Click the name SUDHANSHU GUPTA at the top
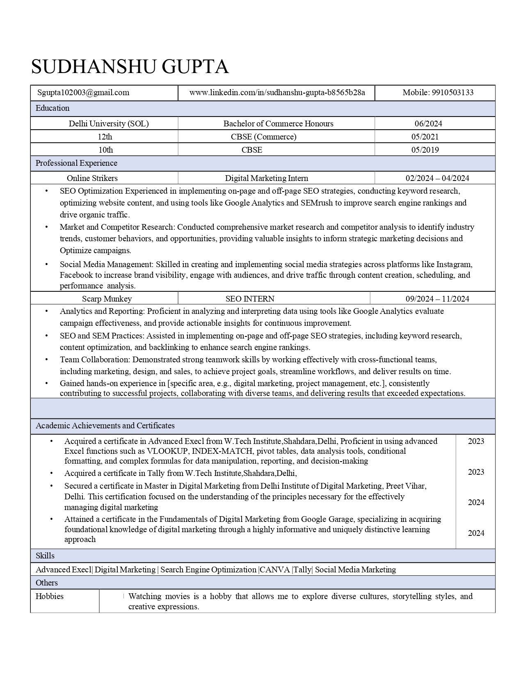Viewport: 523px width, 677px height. (130, 66)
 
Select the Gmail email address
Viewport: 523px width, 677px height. (83, 93)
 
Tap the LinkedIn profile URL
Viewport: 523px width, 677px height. (277, 93)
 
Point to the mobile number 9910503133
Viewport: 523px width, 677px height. (438, 93)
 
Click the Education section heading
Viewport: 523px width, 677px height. (53, 108)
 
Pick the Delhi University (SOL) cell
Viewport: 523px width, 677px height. (109, 124)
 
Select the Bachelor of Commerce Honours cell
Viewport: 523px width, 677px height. (278, 124)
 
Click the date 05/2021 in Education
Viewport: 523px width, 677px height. (425, 137)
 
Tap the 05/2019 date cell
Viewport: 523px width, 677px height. (425, 150)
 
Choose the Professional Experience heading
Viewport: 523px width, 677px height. (76, 163)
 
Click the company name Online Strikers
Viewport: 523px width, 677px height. (92, 178)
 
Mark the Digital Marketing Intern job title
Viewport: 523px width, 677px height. (267, 178)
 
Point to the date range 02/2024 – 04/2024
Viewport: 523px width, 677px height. (437, 178)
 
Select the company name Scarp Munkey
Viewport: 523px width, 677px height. (107, 299)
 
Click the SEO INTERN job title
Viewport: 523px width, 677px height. (250, 299)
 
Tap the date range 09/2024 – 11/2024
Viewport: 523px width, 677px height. (437, 299)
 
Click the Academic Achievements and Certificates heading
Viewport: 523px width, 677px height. (105, 426)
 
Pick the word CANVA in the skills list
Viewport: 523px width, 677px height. (275, 570)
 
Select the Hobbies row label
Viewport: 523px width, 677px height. (50, 597)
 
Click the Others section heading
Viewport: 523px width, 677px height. (47, 583)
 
